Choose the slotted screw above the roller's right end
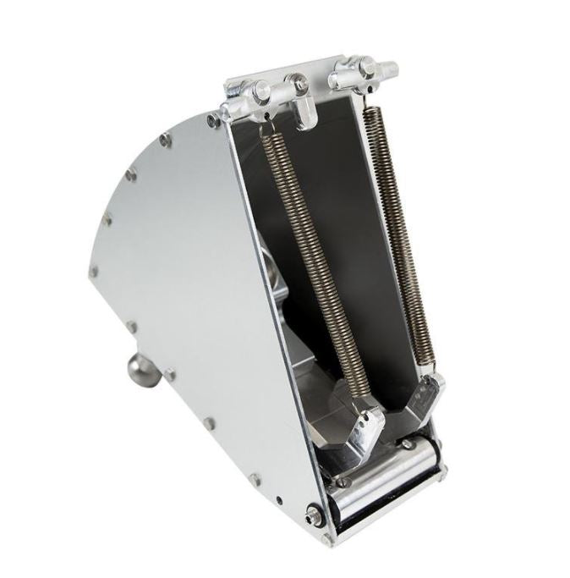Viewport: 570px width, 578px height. pos(408,443)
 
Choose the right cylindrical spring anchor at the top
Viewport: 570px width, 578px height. pos(363,70)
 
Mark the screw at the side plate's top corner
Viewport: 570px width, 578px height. pos(214,121)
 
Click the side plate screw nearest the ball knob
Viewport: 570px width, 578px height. pos(170,374)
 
